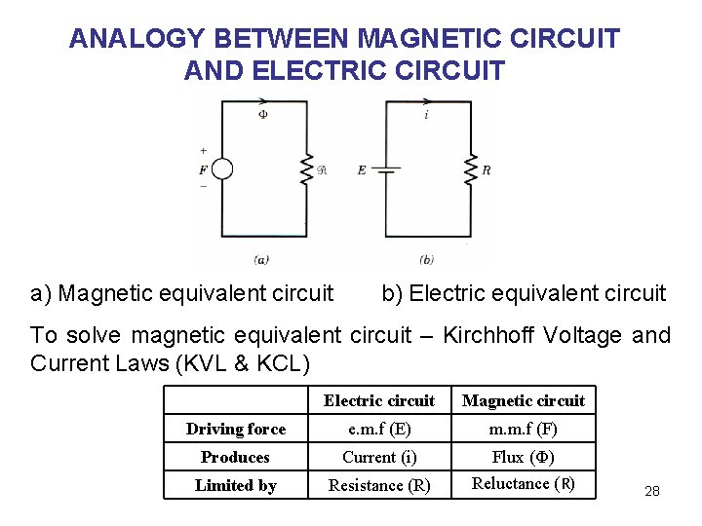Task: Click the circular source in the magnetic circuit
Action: [222, 169]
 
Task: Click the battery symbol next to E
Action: [387, 169]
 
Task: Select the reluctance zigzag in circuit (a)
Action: [306, 169]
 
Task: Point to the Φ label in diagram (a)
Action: [262, 115]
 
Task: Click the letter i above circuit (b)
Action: [426, 115]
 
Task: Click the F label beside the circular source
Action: [203, 169]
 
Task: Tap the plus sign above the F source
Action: [203, 151]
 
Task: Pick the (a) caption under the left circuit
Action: [261, 259]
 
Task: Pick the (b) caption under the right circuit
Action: [427, 259]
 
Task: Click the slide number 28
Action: [652, 491]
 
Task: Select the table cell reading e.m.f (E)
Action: [379, 429]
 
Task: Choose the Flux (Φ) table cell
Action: [524, 457]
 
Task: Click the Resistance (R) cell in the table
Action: [379, 485]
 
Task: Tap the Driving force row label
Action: [236, 429]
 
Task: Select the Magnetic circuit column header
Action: [524, 400]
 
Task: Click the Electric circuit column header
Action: [379, 400]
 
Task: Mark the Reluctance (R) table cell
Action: [524, 484]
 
